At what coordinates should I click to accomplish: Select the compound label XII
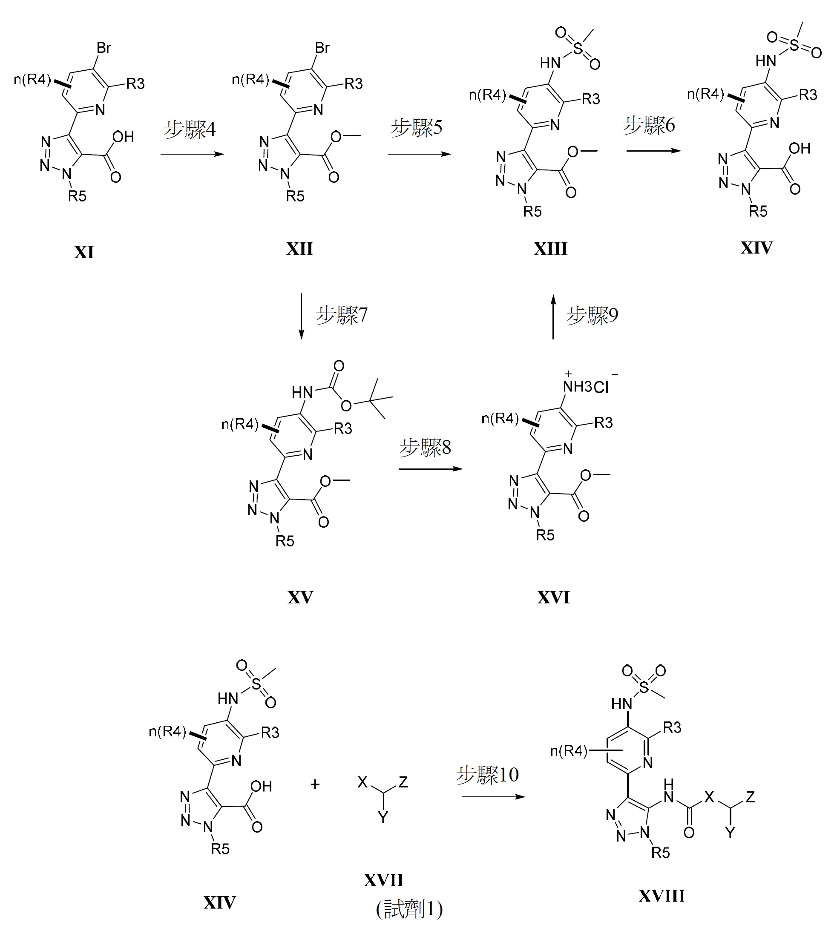(x=299, y=249)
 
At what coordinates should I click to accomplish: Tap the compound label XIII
(x=550, y=249)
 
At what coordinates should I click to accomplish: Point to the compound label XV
(x=300, y=597)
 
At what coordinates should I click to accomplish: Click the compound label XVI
(x=554, y=597)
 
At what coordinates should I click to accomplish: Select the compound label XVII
(x=383, y=880)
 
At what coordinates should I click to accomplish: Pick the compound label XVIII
(x=662, y=895)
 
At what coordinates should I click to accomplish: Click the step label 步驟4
(x=190, y=129)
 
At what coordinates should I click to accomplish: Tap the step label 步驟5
(x=416, y=127)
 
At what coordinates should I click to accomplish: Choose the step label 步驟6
(x=649, y=125)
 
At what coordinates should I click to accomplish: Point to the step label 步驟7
(x=342, y=315)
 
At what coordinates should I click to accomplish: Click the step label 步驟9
(x=593, y=315)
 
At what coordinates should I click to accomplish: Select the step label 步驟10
(x=487, y=775)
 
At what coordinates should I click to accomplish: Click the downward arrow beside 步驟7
(x=301, y=316)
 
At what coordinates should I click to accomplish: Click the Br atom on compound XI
(x=104, y=48)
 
